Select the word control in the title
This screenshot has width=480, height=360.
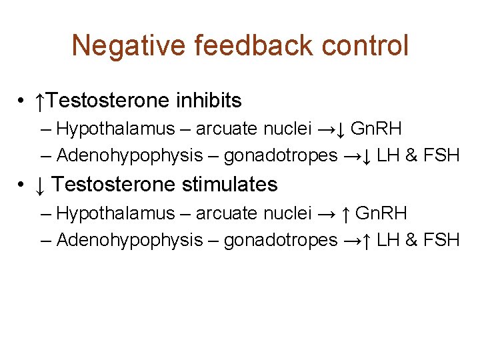[367, 46]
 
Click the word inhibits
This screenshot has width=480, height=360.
[209, 101]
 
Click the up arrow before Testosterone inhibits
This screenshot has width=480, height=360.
[41, 101]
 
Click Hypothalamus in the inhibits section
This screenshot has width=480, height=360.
[116, 129]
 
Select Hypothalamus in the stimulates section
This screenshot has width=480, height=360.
[116, 213]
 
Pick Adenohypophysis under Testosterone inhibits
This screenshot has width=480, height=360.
[129, 156]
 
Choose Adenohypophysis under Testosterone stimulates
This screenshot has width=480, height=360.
[129, 240]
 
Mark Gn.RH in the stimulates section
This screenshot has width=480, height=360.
[381, 213]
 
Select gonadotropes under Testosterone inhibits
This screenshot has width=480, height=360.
[281, 156]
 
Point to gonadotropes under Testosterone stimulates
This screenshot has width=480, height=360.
[281, 240]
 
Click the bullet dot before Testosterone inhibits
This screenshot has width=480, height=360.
[23, 102]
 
